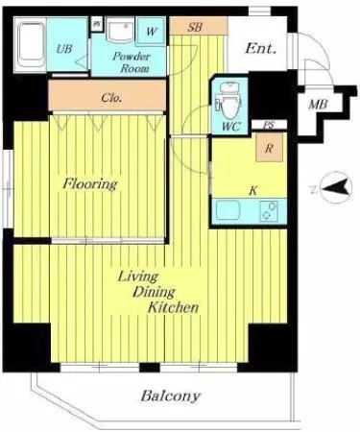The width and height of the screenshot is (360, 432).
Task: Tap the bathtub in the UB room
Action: [30, 44]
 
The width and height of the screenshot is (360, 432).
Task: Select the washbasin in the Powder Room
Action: [120, 32]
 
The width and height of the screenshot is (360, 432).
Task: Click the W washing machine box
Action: [152, 31]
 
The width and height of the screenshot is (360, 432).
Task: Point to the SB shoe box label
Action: [195, 27]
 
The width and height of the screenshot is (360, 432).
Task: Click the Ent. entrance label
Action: [260, 48]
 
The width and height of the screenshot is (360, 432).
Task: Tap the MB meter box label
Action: [318, 104]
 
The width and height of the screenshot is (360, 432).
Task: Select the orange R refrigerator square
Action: [269, 147]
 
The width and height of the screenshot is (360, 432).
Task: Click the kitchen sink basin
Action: [228, 210]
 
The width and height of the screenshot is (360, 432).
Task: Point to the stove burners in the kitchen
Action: [269, 211]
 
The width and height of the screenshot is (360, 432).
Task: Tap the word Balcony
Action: [171, 396]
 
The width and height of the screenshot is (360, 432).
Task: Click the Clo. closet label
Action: [111, 97]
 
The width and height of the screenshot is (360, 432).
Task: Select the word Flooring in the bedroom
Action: [90, 184]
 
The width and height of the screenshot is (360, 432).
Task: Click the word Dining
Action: [154, 292]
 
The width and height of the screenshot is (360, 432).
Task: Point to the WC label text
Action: [231, 127]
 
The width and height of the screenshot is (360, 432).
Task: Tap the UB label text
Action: [64, 49]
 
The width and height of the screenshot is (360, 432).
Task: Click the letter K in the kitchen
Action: [253, 191]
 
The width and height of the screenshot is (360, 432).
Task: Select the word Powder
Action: [132, 57]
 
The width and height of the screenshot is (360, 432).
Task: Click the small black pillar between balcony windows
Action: [150, 368]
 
